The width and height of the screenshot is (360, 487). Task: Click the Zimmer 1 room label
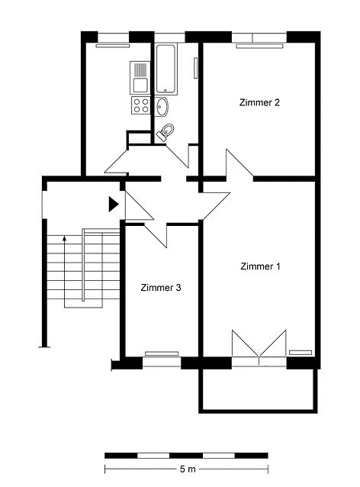tap(260, 266)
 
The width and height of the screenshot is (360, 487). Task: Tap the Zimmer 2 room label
tap(259, 102)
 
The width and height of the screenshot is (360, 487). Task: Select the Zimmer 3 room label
tap(161, 287)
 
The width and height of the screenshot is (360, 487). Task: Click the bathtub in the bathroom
tap(166, 69)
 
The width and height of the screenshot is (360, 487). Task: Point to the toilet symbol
tap(166, 132)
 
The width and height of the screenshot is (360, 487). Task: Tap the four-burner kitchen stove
tap(141, 105)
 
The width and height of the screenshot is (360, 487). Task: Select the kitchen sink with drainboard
tap(140, 78)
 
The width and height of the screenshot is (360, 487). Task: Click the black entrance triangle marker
tap(114, 204)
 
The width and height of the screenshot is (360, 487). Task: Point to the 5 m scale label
tap(188, 469)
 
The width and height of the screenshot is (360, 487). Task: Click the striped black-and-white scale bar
tap(186, 456)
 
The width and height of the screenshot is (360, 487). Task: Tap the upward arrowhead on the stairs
tap(64, 238)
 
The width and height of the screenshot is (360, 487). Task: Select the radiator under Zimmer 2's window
tap(259, 46)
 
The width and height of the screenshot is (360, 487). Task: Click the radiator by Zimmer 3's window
tap(162, 353)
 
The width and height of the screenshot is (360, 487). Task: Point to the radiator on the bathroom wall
tap(195, 68)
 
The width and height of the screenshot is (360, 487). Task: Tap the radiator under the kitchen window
tap(113, 46)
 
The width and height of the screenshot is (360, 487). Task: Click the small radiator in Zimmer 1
tap(301, 353)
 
